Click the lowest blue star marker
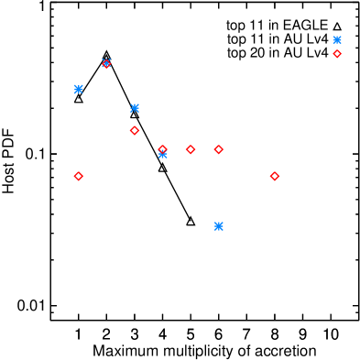(x=218, y=226)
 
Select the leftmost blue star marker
(x=78, y=89)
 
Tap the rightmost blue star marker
(x=337, y=39)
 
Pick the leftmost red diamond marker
(x=78, y=176)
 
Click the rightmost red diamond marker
(x=337, y=54)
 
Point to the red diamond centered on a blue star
(x=106, y=63)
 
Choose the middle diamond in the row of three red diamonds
(x=190, y=149)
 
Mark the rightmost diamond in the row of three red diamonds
(x=218, y=149)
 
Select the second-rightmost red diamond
(x=274, y=176)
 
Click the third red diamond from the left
(x=135, y=130)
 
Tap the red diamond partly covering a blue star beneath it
(x=162, y=149)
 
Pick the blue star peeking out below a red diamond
(x=162, y=155)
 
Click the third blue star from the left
(x=135, y=108)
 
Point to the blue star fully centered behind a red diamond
(x=106, y=63)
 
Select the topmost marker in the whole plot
(x=337, y=39)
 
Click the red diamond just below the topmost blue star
(x=337, y=54)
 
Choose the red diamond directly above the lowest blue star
(x=218, y=149)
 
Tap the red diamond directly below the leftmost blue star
(x=78, y=176)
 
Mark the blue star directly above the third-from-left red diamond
(x=135, y=108)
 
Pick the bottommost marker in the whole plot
(x=218, y=226)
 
